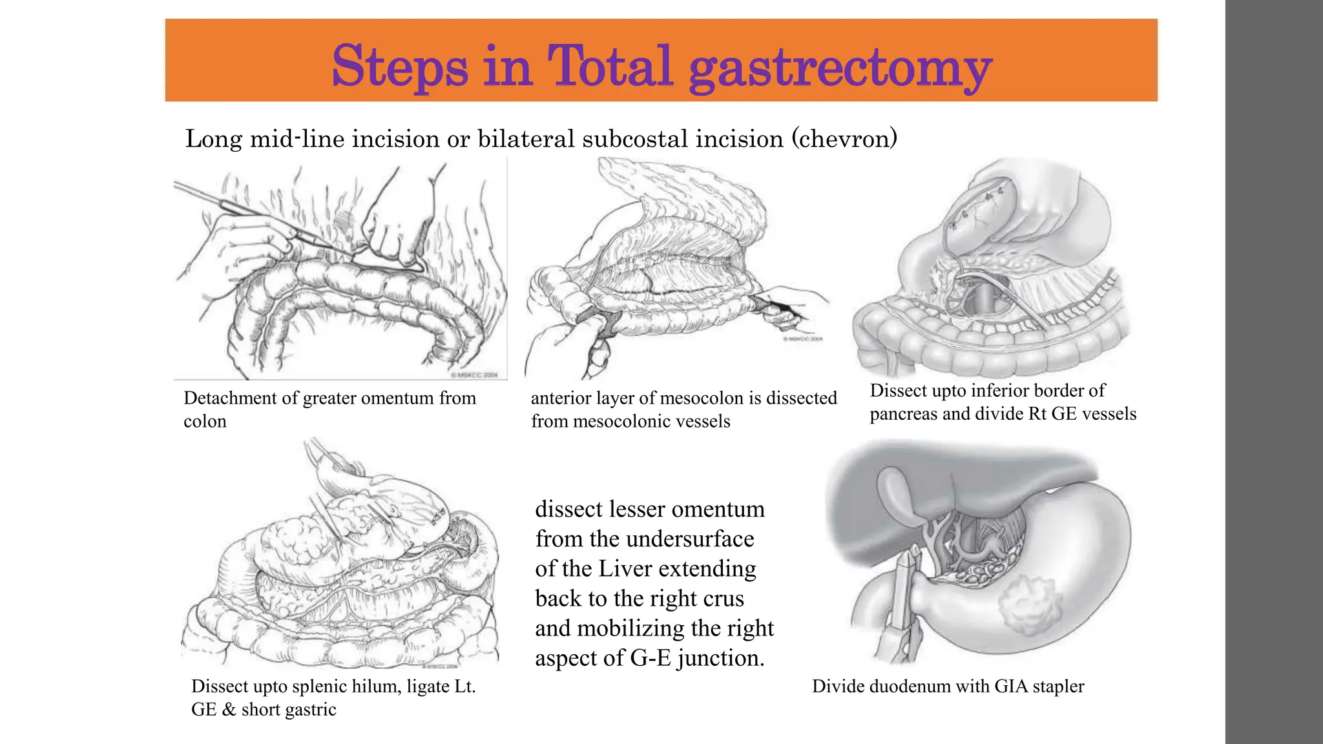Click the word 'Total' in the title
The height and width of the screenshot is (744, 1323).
(610, 66)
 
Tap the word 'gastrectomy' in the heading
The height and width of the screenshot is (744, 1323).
(840, 68)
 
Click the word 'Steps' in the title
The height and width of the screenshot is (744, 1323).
(400, 66)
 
